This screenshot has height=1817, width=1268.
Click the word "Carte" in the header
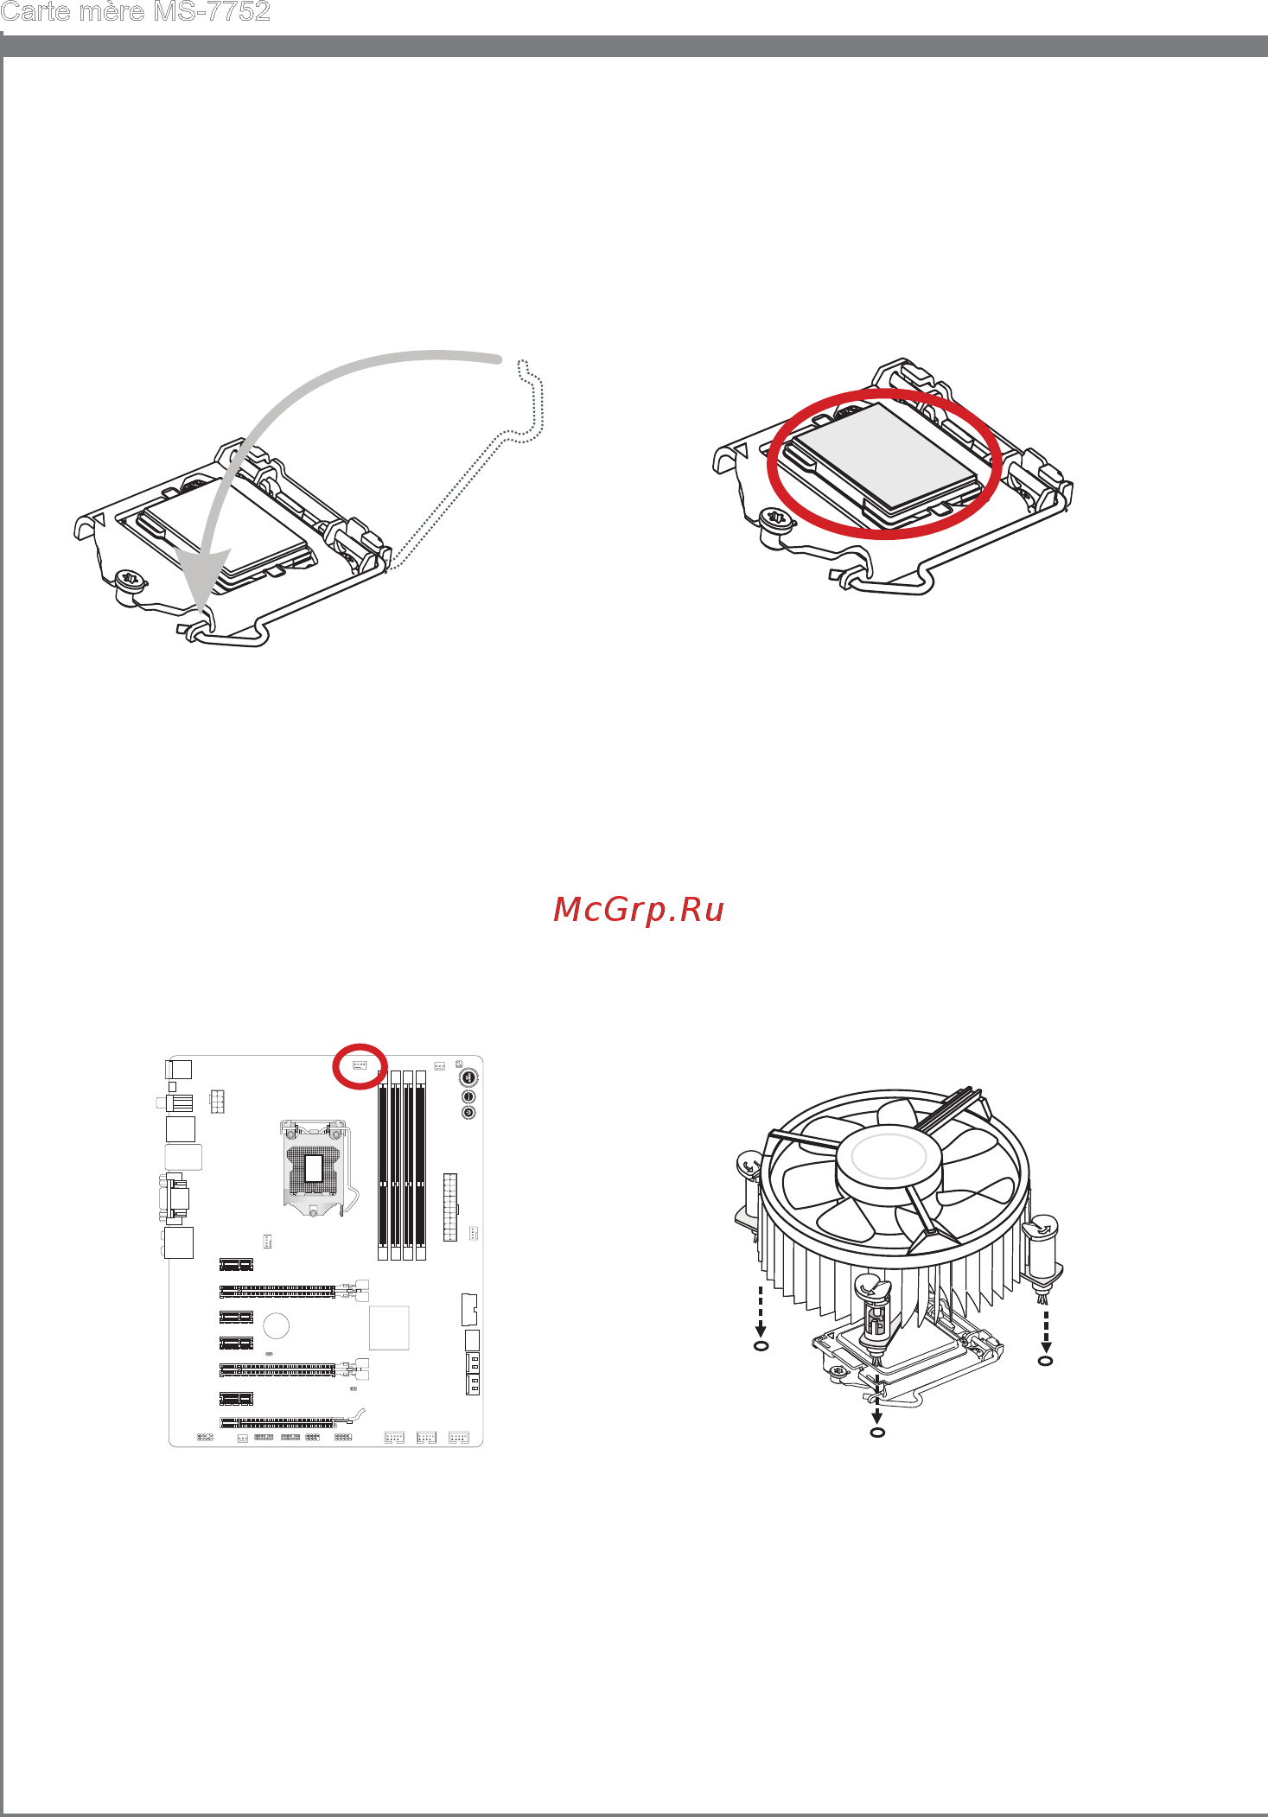(x=35, y=11)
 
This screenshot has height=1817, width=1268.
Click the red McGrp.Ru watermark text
(x=639, y=909)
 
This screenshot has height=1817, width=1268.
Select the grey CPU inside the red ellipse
(x=887, y=458)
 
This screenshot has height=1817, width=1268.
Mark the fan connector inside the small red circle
(x=360, y=1065)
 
